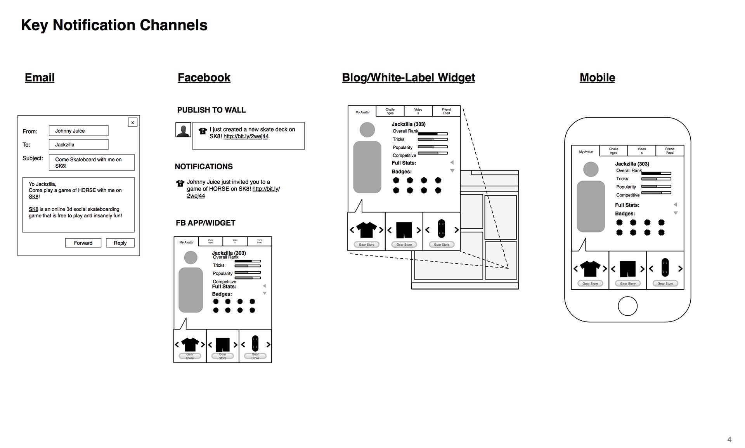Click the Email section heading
tap(40, 78)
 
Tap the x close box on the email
tap(133, 122)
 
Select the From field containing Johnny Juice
tap(78, 131)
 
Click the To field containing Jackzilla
tap(78, 144)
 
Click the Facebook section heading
tap(204, 78)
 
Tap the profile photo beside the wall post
tap(183, 130)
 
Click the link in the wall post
tap(246, 136)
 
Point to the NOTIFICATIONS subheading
tap(204, 167)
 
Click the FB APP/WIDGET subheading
tap(206, 223)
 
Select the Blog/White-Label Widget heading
tap(408, 78)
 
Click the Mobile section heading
tap(597, 78)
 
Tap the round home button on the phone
tap(627, 306)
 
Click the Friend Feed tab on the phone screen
tap(670, 151)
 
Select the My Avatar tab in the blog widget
tap(362, 112)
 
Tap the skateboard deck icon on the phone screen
tap(665, 268)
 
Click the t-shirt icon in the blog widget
tap(366, 230)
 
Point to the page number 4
tap(729, 439)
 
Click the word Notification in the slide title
tap(94, 25)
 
